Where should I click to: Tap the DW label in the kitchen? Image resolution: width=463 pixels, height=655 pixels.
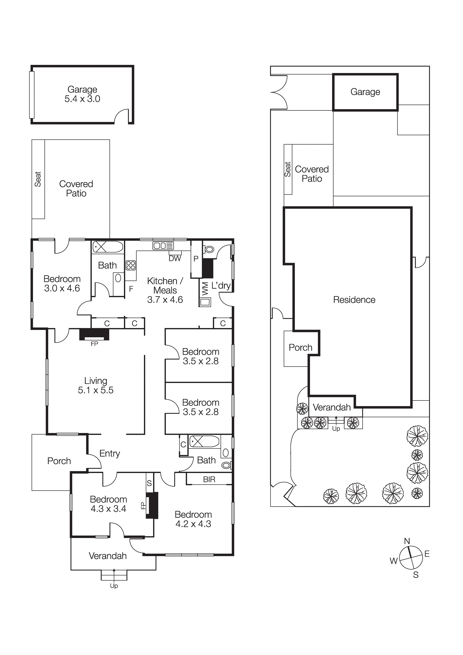click(x=175, y=258)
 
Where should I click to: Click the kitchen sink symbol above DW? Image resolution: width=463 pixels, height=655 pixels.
click(x=163, y=246)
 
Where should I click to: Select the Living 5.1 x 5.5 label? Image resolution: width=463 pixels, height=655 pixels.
click(x=96, y=385)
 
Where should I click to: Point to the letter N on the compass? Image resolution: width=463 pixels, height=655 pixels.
click(x=407, y=541)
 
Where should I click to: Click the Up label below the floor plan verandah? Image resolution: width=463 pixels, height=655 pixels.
click(x=114, y=586)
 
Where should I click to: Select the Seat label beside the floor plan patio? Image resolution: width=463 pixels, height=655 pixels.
click(x=38, y=179)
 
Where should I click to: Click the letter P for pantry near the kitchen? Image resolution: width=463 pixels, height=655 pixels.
click(x=196, y=259)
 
